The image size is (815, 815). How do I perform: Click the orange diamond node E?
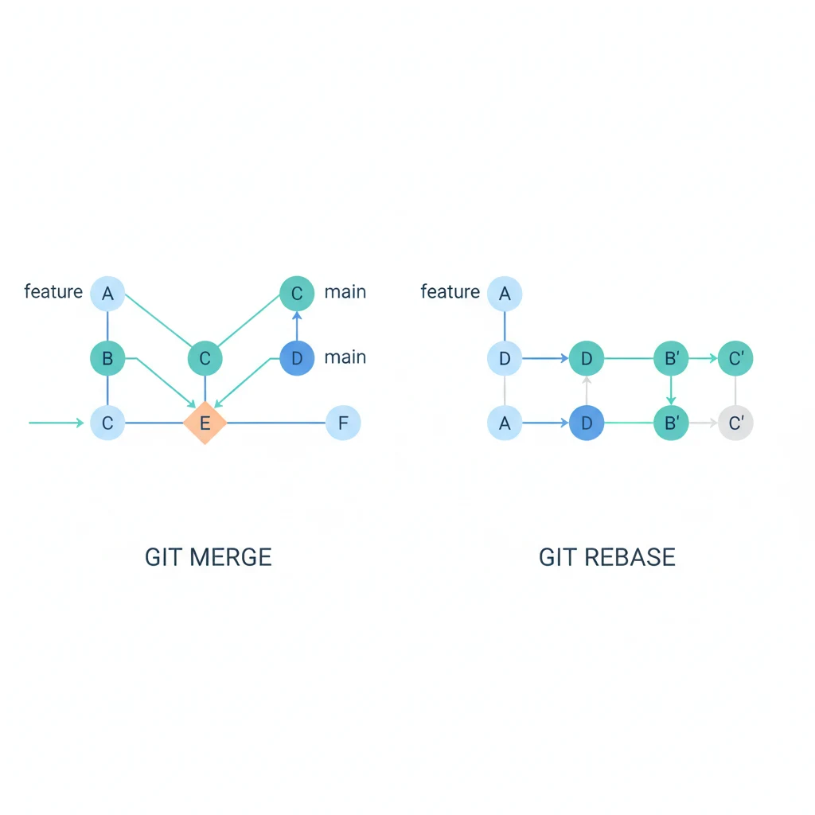click(x=205, y=423)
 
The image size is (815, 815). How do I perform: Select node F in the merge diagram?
click(x=343, y=423)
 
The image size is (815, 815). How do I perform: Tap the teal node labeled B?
click(x=107, y=358)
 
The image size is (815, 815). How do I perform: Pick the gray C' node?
click(x=735, y=423)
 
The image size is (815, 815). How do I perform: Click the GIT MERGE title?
click(x=209, y=556)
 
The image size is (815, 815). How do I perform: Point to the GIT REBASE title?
click(x=606, y=556)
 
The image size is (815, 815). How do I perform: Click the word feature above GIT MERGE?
click(x=53, y=291)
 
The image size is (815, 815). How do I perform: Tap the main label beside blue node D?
click(x=345, y=357)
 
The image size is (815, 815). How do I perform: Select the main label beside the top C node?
click(x=345, y=291)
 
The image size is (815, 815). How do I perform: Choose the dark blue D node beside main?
click(x=297, y=358)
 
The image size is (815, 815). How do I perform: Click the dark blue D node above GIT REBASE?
click(x=587, y=423)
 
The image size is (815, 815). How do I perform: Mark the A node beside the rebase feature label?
click(x=505, y=294)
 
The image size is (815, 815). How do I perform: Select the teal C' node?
click(x=735, y=358)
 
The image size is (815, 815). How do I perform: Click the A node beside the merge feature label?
click(x=107, y=294)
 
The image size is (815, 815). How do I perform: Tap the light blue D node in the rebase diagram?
click(x=505, y=358)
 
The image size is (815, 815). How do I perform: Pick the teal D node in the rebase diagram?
click(x=587, y=358)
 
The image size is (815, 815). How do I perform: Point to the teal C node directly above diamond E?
click(x=205, y=358)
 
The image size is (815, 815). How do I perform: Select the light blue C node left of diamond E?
click(x=107, y=423)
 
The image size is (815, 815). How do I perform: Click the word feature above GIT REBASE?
click(x=450, y=291)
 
